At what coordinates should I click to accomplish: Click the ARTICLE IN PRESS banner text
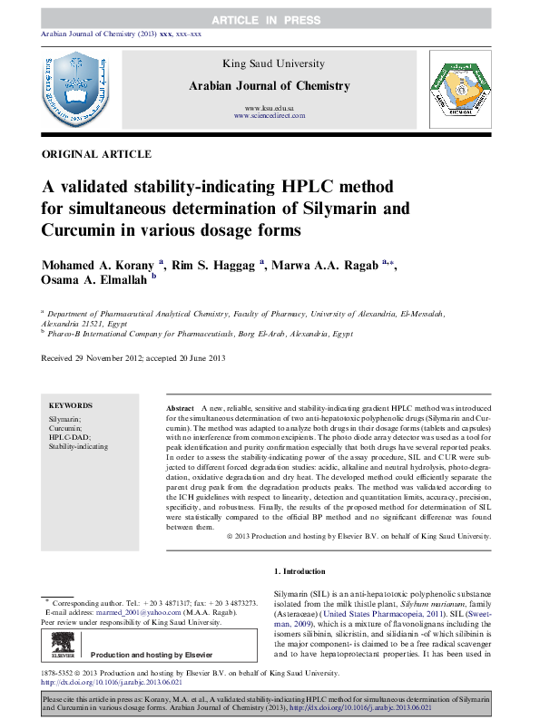click(x=270, y=19)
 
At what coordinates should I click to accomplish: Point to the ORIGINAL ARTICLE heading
click(x=96, y=155)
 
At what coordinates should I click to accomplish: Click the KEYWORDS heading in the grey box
click(x=70, y=406)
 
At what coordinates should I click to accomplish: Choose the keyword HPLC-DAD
click(x=66, y=437)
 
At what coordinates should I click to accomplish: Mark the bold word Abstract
click(x=181, y=410)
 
